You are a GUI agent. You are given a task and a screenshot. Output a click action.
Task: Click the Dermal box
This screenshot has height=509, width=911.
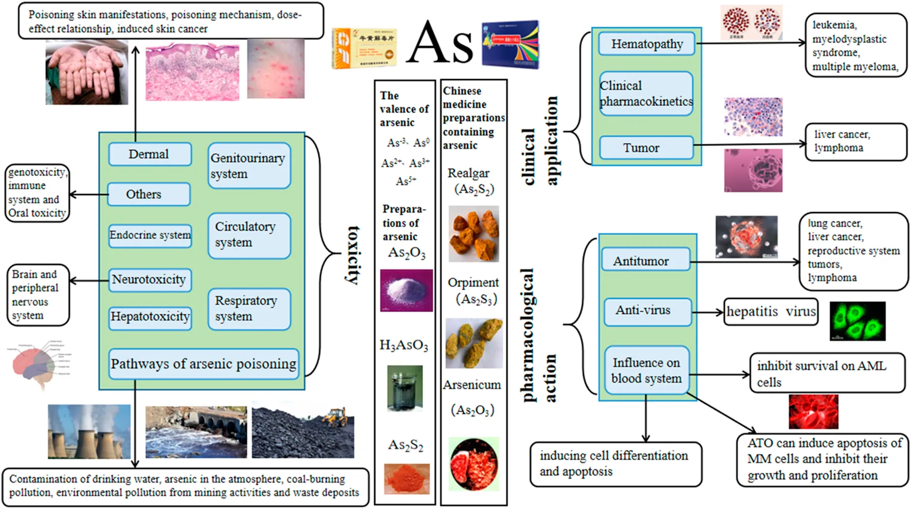pos(150,154)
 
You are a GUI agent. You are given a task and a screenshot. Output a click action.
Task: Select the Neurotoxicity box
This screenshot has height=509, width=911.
pos(150,280)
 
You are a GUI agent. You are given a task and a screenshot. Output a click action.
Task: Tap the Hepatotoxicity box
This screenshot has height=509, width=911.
pos(150,317)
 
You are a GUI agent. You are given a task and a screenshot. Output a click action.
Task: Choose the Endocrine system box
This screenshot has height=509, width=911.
pos(150,235)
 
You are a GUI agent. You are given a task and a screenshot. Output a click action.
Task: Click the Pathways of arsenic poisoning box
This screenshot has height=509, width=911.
pos(204,364)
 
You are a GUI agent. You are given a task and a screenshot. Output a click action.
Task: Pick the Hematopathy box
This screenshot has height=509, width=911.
pos(646,44)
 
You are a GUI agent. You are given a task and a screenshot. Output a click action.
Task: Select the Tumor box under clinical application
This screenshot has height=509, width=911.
pos(646,148)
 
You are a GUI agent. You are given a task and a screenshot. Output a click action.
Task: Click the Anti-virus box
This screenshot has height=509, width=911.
pos(647,311)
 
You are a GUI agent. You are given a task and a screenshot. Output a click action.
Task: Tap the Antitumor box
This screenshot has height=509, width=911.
pos(645,260)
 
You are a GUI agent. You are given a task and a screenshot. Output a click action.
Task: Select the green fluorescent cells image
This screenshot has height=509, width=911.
pos(858,321)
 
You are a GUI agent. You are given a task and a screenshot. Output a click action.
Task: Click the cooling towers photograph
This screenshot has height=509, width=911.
pos(89,431)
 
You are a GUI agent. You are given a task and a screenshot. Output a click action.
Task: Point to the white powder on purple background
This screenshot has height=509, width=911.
pos(406,290)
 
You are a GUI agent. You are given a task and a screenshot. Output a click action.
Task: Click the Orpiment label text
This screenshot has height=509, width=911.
pos(473,282)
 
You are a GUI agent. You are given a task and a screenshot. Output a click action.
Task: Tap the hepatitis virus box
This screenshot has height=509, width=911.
pos(771,312)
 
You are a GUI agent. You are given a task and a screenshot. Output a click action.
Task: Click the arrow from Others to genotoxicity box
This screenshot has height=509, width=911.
pos(88,195)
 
